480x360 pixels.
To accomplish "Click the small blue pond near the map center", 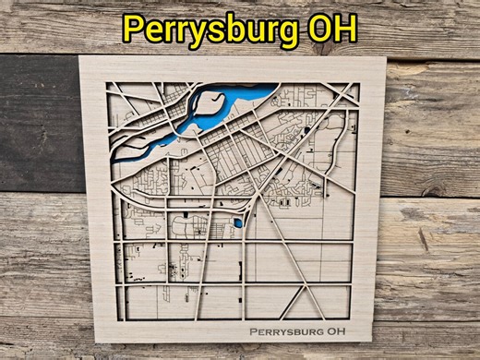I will pyautogui.click(x=238, y=222).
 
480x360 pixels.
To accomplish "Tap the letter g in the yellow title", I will pyautogui.click(x=292, y=33).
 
